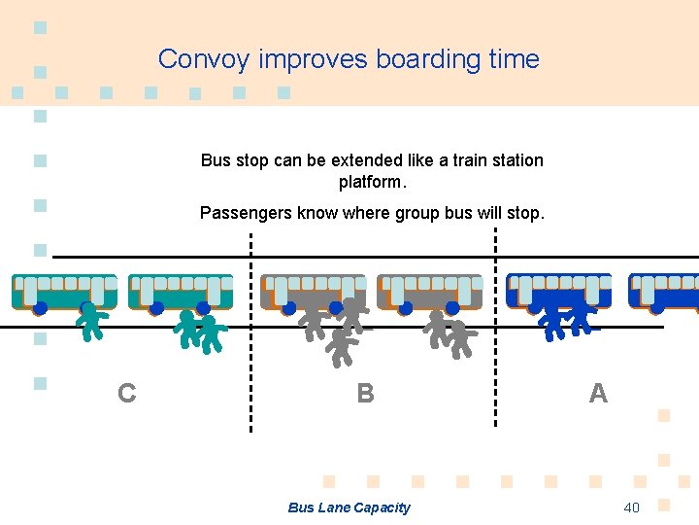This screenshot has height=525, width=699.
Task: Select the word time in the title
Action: point(515,59)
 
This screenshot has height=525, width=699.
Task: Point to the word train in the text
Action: point(472,160)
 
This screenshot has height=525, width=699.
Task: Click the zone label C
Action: point(126,394)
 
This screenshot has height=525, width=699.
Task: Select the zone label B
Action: point(365,394)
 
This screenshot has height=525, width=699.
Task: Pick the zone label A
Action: point(598,394)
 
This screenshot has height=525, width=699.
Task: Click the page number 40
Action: point(631,507)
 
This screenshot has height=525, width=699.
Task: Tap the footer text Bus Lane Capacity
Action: point(349,507)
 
